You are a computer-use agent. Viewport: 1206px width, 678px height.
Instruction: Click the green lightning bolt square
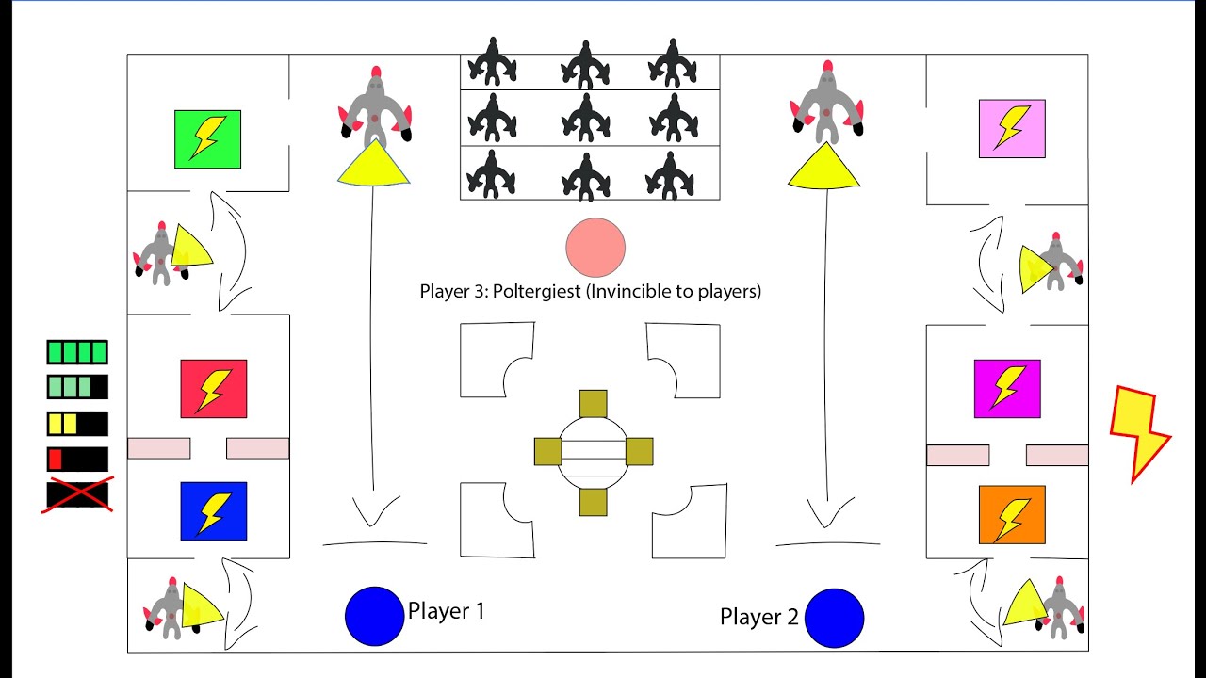tap(207, 139)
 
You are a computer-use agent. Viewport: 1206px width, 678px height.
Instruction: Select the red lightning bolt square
tap(214, 388)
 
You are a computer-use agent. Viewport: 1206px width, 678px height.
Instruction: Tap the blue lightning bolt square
tap(214, 511)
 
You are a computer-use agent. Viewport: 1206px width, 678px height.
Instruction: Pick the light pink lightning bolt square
tap(1012, 128)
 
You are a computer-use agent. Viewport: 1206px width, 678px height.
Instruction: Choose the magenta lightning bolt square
tap(1007, 388)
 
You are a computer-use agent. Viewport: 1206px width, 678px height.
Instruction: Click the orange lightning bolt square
tap(1012, 514)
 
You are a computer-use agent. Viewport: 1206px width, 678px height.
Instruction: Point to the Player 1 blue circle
tap(375, 616)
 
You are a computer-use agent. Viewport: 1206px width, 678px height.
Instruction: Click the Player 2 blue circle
tap(835, 618)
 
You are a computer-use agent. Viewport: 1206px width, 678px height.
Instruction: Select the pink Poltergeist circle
tap(595, 248)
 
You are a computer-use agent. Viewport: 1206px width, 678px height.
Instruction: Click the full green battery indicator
tap(77, 352)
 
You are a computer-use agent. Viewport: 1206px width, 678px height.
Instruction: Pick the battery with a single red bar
tap(77, 460)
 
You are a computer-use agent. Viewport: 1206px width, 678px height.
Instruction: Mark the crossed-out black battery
tap(77, 494)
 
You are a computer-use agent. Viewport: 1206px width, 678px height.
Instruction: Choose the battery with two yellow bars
tap(77, 424)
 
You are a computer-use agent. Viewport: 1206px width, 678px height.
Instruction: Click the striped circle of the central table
tap(593, 451)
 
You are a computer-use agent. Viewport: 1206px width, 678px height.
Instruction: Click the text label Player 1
tap(447, 611)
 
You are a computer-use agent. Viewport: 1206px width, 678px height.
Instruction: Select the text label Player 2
tap(759, 618)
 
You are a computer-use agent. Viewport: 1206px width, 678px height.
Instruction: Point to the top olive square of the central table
tap(593, 403)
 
